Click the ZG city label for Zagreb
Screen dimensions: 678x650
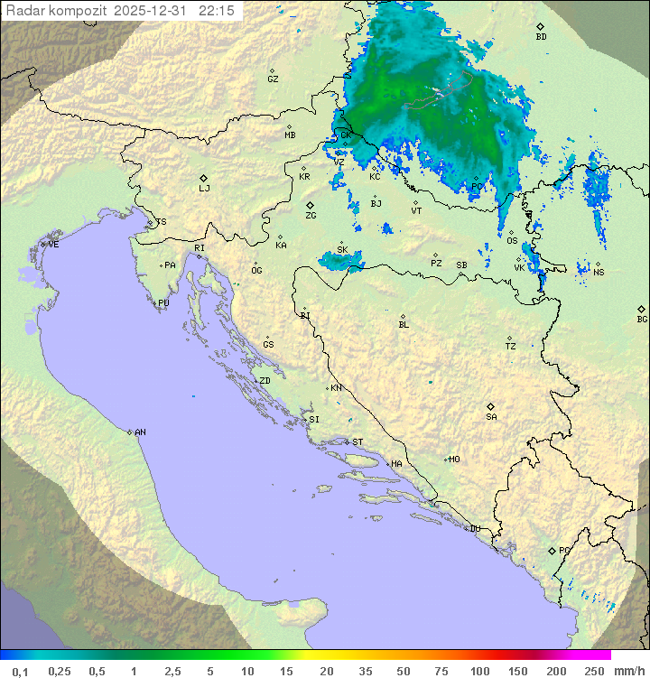pyautogui.click(x=311, y=217)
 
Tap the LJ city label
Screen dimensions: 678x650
pyautogui.click(x=204, y=189)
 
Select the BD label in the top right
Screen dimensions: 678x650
pyautogui.click(x=541, y=37)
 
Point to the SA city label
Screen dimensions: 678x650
pyautogui.click(x=491, y=417)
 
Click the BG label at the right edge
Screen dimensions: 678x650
pyautogui.click(x=642, y=320)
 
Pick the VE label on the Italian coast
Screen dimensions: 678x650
pyautogui.click(x=53, y=245)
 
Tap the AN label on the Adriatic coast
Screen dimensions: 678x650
pyautogui.click(x=140, y=432)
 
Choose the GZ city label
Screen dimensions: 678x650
pyautogui.click(x=273, y=79)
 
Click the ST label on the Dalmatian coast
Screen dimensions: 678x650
pyautogui.click(x=357, y=442)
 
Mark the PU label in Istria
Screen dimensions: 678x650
pyautogui.click(x=163, y=304)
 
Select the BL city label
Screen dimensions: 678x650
pyautogui.click(x=404, y=325)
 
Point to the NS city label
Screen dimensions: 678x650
pyautogui.click(x=599, y=273)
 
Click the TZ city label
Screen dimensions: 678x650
pyautogui.click(x=511, y=347)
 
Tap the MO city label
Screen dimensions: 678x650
pyautogui.click(x=454, y=460)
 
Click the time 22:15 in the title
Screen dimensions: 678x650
pyautogui.click(x=217, y=10)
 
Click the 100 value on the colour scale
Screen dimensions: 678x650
pyautogui.click(x=479, y=671)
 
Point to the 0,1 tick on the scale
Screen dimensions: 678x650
pyautogui.click(x=19, y=671)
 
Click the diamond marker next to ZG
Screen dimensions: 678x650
pyautogui.click(x=310, y=205)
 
